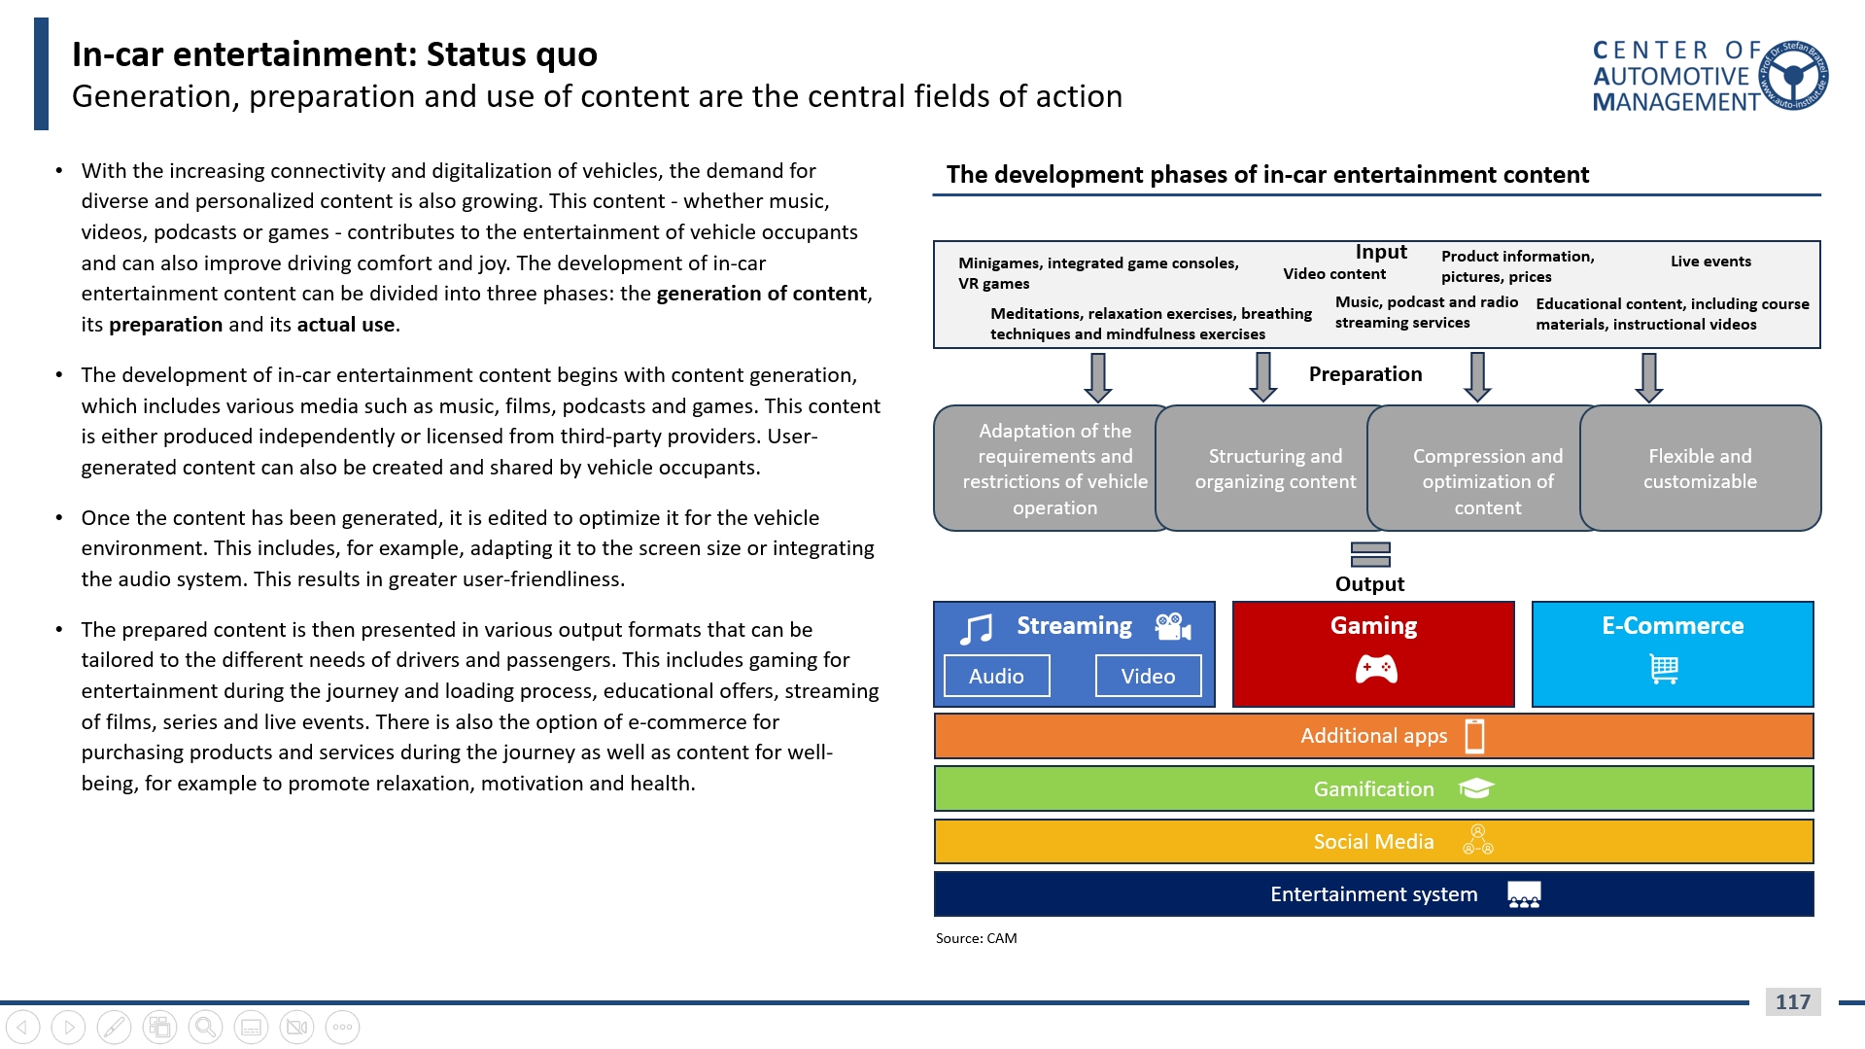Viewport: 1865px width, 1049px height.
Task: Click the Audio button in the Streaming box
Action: pos(996,676)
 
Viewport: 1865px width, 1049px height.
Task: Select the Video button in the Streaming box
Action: pos(1148,676)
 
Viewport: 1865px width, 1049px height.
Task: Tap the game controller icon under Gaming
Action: pos(1375,669)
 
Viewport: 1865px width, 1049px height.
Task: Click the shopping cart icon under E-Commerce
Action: pos(1664,669)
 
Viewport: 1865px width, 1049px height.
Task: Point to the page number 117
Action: pos(1792,1001)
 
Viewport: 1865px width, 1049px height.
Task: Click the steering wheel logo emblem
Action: pos(1795,75)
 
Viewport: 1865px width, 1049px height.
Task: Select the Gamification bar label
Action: pos(1373,789)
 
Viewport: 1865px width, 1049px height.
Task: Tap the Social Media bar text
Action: pos(1373,842)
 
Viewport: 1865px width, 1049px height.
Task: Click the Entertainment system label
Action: pos(1373,894)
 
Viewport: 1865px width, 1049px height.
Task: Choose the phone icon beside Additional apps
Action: pos(1474,736)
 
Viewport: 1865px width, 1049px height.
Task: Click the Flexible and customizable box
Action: pos(1700,469)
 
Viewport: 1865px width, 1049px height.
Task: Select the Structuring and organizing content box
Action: pos(1274,469)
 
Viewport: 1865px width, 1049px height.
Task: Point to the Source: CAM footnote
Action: pos(976,938)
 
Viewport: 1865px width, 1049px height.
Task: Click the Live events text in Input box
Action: pos(1710,261)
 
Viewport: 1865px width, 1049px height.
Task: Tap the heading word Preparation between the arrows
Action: pos(1364,374)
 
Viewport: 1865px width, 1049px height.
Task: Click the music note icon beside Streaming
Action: pos(976,629)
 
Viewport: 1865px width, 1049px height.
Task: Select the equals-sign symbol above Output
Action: pos(1370,554)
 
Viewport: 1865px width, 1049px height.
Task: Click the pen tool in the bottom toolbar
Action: pos(114,1027)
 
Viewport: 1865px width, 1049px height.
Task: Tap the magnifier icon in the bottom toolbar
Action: pos(205,1027)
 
